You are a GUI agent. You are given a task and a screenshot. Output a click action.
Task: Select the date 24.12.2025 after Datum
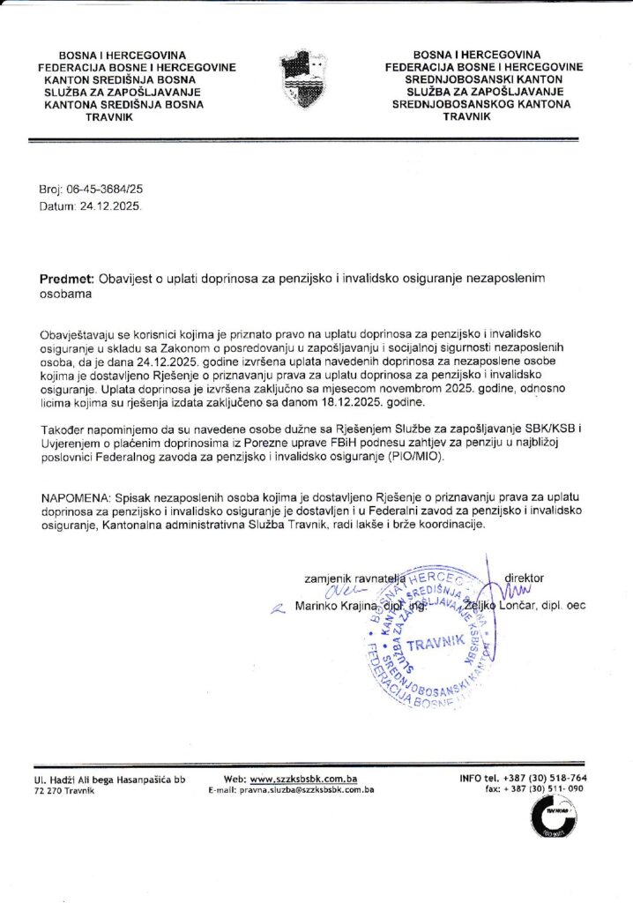(110, 205)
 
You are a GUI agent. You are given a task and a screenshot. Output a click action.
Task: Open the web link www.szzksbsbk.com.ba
(303, 779)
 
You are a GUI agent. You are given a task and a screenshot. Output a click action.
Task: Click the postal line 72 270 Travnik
(58, 791)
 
